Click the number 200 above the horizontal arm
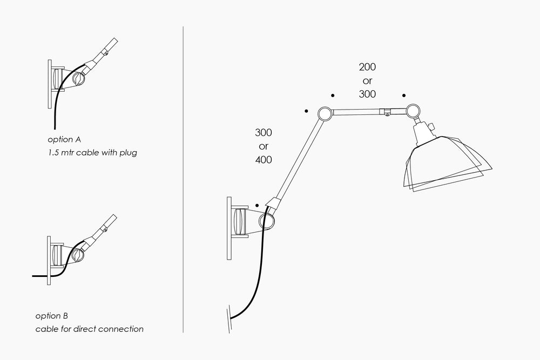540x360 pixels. click(x=367, y=67)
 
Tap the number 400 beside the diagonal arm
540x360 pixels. click(x=264, y=160)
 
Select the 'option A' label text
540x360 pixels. click(x=64, y=139)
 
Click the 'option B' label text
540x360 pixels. click(x=52, y=316)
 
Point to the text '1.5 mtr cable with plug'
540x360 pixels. click(x=92, y=153)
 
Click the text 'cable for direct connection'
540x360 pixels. click(x=90, y=329)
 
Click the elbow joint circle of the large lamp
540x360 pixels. click(x=325, y=113)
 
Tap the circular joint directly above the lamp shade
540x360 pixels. click(x=414, y=111)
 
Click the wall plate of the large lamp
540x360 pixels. click(x=229, y=228)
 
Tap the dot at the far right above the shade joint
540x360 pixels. click(x=404, y=95)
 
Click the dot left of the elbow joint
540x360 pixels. click(x=306, y=111)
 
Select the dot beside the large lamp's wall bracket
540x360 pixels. click(x=257, y=206)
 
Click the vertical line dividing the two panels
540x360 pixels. click(x=184, y=178)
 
